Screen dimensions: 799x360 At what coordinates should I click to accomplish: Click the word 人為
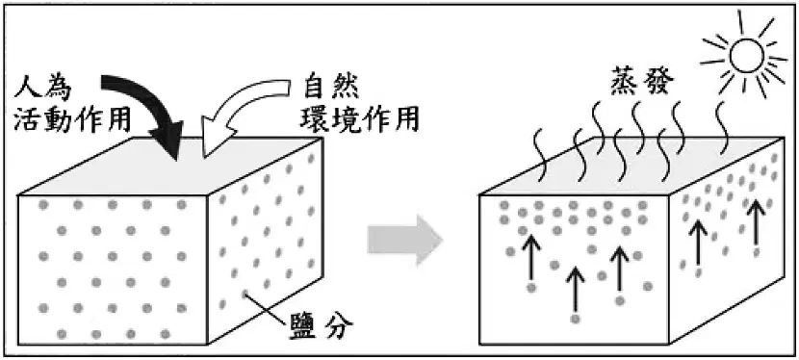click(x=44, y=89)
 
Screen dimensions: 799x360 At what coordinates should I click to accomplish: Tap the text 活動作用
click(x=72, y=119)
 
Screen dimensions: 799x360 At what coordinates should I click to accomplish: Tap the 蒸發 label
click(x=641, y=82)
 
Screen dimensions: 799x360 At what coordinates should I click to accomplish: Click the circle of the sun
click(x=746, y=56)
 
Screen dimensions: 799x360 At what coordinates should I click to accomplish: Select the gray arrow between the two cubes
click(x=405, y=240)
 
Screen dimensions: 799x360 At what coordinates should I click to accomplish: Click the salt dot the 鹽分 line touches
click(x=245, y=294)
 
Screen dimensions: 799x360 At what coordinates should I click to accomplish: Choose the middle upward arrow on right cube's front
click(x=576, y=289)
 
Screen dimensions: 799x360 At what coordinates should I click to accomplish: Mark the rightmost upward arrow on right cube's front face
click(x=620, y=269)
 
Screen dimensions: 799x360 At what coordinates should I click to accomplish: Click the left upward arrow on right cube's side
click(x=698, y=245)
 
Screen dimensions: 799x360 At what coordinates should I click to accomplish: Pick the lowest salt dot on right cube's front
click(x=576, y=320)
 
